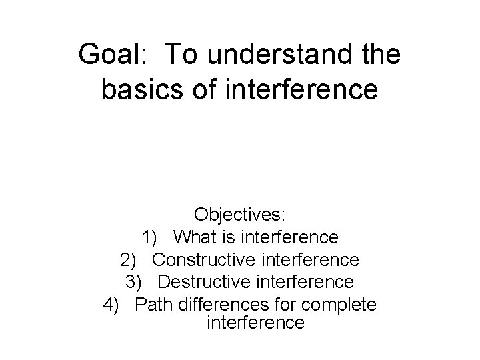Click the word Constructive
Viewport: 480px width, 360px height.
tap(208, 259)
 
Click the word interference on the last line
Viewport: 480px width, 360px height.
tap(256, 323)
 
